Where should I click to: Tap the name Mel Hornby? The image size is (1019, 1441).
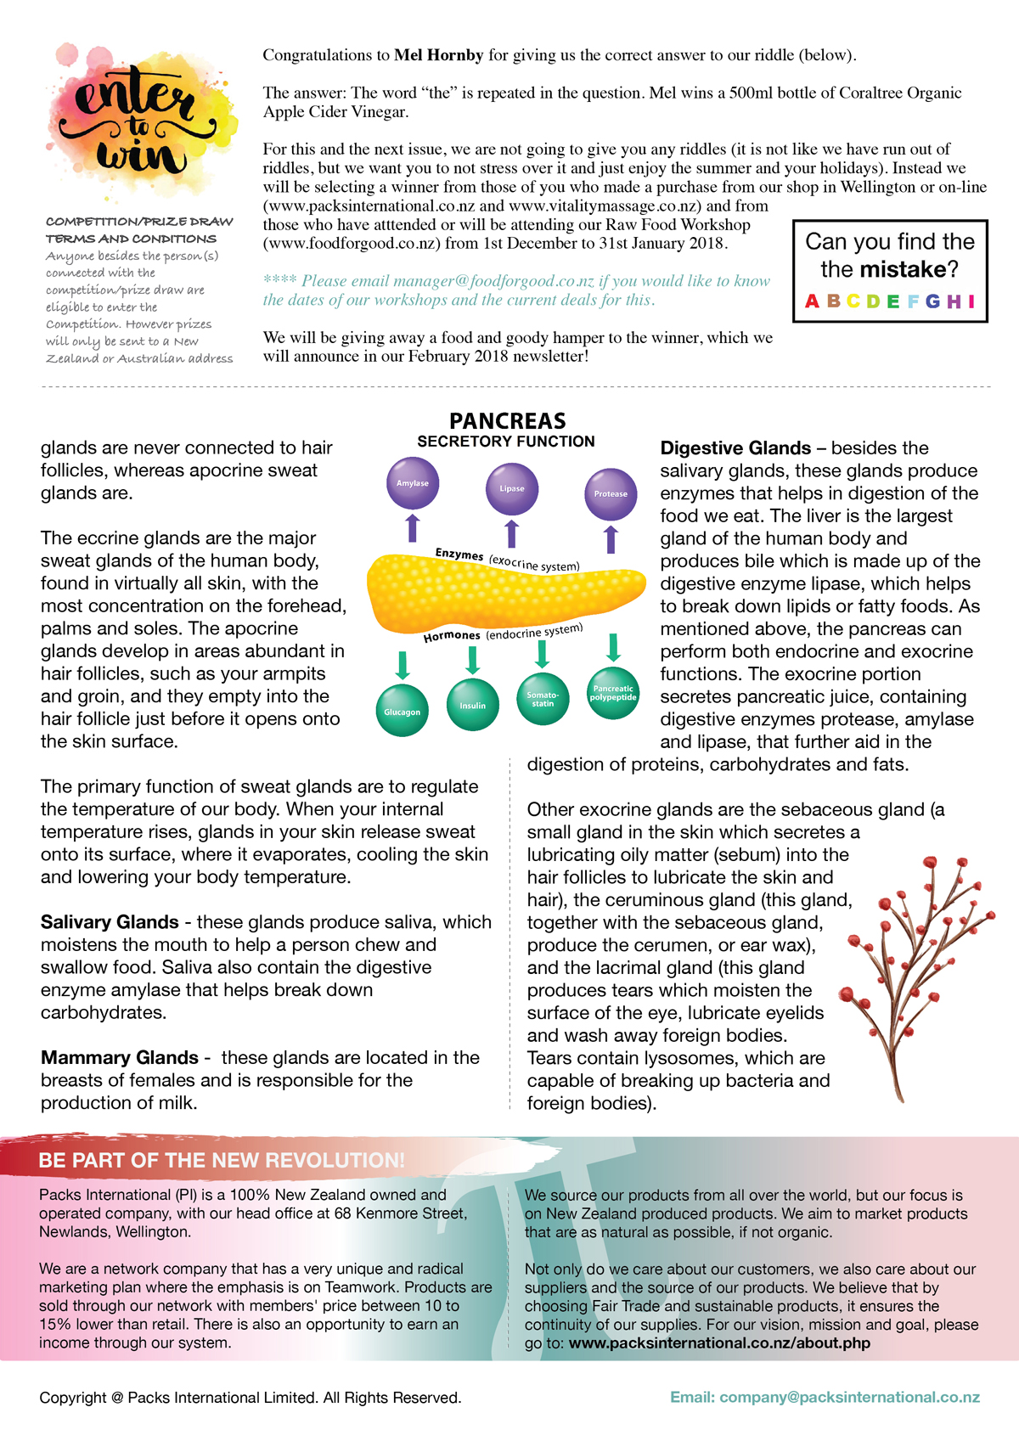coord(438,55)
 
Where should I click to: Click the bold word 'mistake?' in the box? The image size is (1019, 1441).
coord(909,269)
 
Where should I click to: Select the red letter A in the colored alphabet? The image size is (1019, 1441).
coord(812,301)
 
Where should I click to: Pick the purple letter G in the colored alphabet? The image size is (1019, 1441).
coord(932,301)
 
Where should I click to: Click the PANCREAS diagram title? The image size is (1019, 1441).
coord(507,421)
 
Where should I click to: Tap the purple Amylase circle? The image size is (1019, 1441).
coord(413,483)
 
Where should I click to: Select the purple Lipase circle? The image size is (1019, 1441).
coord(512,488)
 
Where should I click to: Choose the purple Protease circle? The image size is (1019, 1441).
coord(611,493)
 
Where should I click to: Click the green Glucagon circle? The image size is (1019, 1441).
coord(402,712)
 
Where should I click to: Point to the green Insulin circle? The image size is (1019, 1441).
coord(473,705)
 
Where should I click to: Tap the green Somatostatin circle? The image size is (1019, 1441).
coord(543,700)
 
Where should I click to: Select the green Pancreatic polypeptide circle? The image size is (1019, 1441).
coord(613,694)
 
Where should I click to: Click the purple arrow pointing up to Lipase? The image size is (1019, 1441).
coord(512,534)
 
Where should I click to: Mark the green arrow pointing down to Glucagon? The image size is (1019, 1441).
coord(403,665)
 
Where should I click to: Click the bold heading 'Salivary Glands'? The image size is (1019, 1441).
coord(110,922)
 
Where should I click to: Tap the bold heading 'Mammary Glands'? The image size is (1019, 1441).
coord(120,1058)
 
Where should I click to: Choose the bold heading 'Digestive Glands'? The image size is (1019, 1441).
coord(735,448)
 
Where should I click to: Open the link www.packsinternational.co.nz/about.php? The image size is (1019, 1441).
coord(719,1343)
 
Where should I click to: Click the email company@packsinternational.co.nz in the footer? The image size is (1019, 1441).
coord(825,1398)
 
